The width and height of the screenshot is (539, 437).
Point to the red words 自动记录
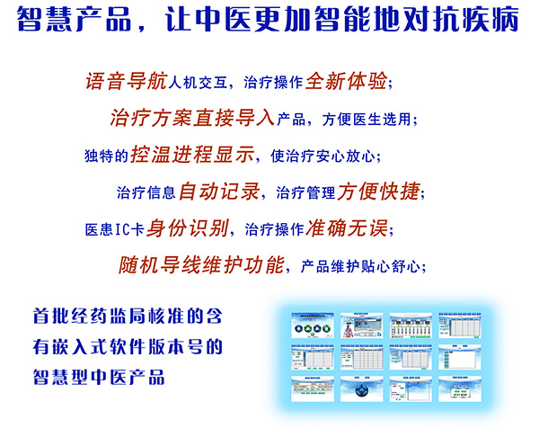tap(219, 191)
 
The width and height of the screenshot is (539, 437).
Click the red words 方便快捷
tap(378, 191)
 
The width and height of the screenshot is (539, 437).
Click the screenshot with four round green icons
tap(314, 328)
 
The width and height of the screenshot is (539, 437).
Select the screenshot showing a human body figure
tap(362, 328)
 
